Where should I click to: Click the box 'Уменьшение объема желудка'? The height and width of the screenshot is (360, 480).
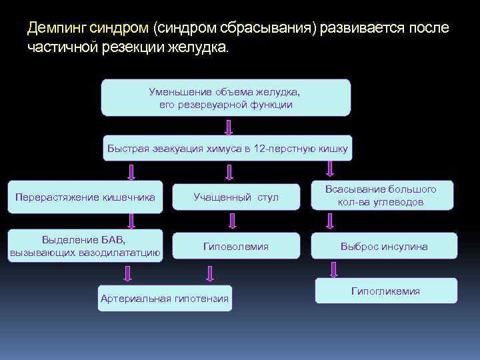[x=225, y=98]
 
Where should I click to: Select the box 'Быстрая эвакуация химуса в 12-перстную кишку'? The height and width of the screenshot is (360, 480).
[x=227, y=148]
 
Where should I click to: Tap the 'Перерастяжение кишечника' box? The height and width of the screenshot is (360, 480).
[x=85, y=197]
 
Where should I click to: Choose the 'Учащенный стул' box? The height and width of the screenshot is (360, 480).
[x=235, y=197]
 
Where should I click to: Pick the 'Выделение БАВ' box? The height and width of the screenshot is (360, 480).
[x=85, y=245]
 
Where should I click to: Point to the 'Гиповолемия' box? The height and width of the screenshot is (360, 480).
[x=235, y=247]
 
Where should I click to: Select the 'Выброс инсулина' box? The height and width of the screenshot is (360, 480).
[x=384, y=247]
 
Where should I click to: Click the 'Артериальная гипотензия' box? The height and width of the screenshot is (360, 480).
[x=164, y=298]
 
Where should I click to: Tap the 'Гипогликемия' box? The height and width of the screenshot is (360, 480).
[x=385, y=291]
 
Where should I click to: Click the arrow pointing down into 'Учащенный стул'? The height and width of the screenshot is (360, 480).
[x=229, y=173]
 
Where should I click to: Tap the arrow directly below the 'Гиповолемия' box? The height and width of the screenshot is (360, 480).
[x=210, y=273]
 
